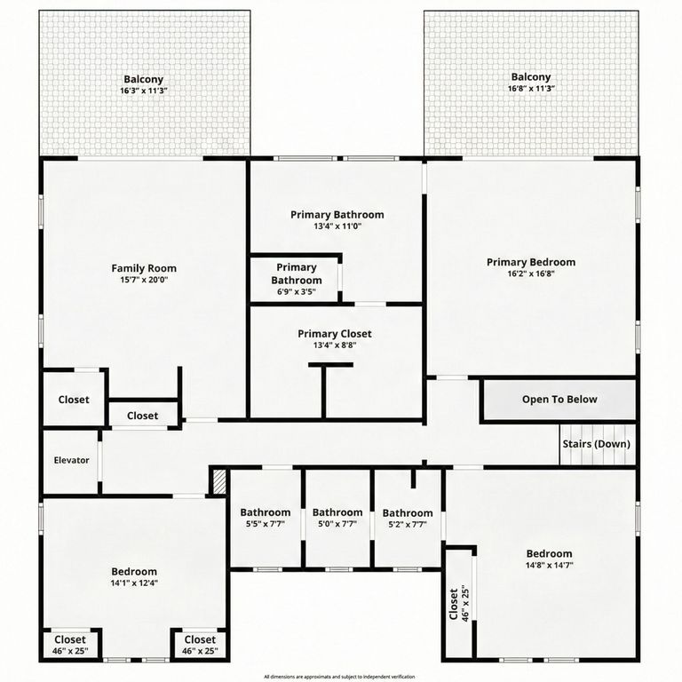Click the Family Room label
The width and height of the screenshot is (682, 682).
pyautogui.click(x=144, y=268)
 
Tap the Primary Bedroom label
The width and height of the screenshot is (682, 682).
pyautogui.click(x=531, y=262)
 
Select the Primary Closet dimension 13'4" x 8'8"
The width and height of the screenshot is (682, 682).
pyautogui.click(x=334, y=345)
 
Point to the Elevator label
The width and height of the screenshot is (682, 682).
pyautogui.click(x=72, y=460)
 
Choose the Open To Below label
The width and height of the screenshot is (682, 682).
pyautogui.click(x=559, y=400)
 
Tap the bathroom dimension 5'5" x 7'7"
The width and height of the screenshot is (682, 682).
pyautogui.click(x=265, y=524)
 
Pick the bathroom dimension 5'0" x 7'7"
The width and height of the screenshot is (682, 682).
pyautogui.click(x=337, y=524)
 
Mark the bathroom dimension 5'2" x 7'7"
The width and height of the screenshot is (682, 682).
pyautogui.click(x=408, y=524)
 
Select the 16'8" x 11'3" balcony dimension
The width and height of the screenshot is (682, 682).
pyautogui.click(x=531, y=89)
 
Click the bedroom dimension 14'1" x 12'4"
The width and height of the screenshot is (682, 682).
pyautogui.click(x=134, y=583)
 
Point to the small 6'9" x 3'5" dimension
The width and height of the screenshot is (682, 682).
pyautogui.click(x=297, y=291)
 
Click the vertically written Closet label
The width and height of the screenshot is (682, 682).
pyautogui.click(x=454, y=605)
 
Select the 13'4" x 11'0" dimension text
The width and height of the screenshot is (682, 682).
pyautogui.click(x=337, y=226)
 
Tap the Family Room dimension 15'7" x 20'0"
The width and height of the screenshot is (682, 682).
pyautogui.click(x=144, y=280)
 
